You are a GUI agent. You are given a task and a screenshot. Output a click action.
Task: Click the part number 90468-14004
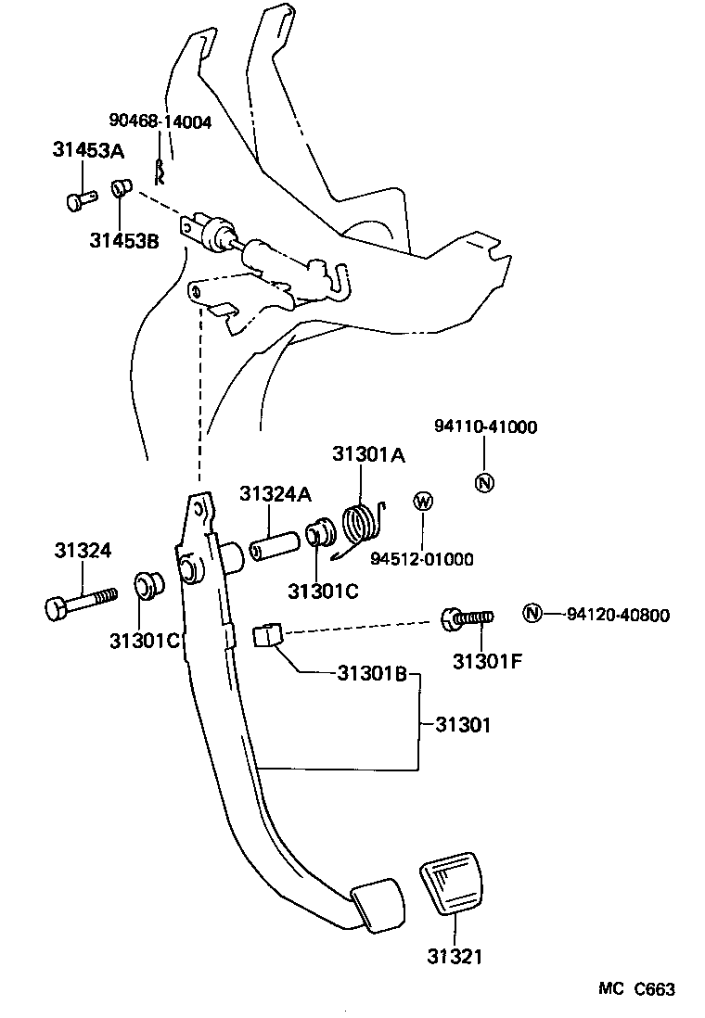pyautogui.click(x=160, y=121)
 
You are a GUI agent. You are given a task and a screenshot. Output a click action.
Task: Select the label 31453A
pyautogui.click(x=88, y=151)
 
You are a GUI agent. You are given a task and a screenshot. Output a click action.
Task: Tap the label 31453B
pyautogui.click(x=124, y=241)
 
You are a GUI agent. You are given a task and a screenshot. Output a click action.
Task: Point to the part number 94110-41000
pyautogui.click(x=485, y=426)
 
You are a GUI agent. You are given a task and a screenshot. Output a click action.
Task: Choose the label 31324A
pyautogui.click(x=276, y=494)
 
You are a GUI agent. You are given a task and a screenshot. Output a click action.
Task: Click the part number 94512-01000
pyautogui.click(x=422, y=559)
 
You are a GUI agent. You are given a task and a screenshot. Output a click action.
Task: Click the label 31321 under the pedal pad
pyautogui.click(x=455, y=955)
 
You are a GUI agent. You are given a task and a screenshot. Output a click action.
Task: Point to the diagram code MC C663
pyautogui.click(x=635, y=989)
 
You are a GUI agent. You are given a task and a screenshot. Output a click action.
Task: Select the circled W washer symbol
pyautogui.click(x=423, y=502)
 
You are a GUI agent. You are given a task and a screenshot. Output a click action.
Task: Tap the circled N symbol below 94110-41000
pyautogui.click(x=484, y=482)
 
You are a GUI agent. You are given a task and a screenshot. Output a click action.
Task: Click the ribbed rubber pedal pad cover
pyautogui.click(x=451, y=885)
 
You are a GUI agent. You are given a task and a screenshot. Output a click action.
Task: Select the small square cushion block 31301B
pyautogui.click(x=266, y=635)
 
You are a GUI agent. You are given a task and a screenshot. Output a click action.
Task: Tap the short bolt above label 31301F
pyautogui.click(x=468, y=617)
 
